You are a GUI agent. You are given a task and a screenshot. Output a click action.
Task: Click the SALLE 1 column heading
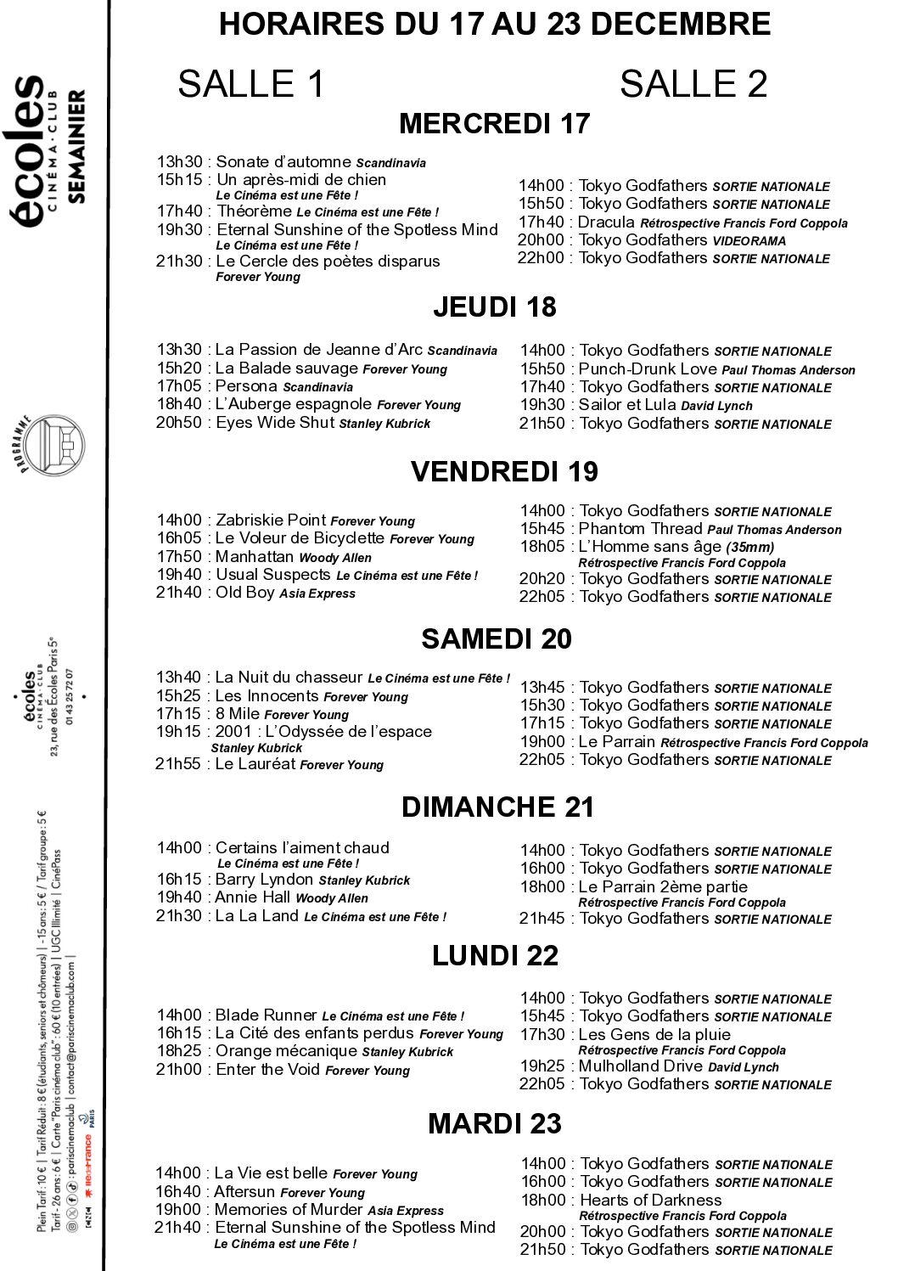[251, 84]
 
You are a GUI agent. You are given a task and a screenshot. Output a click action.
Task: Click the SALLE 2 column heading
[693, 84]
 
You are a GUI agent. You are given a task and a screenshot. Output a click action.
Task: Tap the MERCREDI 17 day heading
[494, 124]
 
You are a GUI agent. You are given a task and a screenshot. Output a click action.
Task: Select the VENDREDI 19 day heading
[504, 472]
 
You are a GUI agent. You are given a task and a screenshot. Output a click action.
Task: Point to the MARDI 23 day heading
[495, 1124]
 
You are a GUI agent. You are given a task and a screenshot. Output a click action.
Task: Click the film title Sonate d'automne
[283, 162]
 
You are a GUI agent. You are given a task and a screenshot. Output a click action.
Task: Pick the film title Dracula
[606, 222]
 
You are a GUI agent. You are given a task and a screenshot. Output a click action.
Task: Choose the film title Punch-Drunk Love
[648, 369]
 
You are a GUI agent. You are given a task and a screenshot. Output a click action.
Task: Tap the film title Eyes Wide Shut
[275, 423]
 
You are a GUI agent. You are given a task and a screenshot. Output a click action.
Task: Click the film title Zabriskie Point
[271, 520]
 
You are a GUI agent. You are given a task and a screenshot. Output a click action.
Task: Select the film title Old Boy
[244, 593]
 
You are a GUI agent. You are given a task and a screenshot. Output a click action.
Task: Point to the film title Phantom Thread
[640, 529]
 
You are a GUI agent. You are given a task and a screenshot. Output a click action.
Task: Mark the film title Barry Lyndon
[264, 880]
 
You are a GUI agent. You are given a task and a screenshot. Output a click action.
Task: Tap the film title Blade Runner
[266, 1015]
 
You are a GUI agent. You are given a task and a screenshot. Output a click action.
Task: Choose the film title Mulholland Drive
[640, 1066]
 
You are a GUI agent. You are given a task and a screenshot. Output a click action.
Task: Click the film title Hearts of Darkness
[650, 1201]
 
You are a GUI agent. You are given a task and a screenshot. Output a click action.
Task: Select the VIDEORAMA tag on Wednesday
[749, 241]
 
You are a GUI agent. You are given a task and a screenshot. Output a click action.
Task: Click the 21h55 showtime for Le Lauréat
[178, 764]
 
